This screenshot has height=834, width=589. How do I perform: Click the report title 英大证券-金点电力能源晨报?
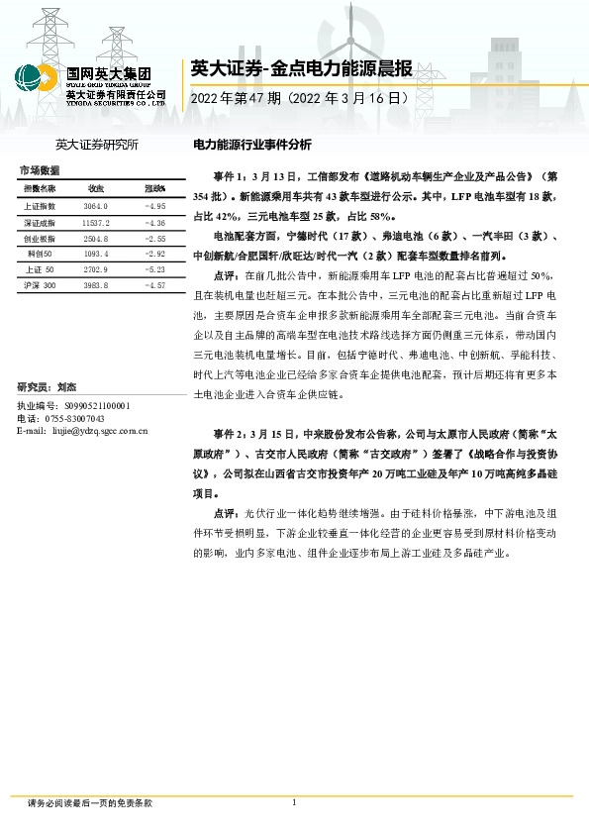coord(300,68)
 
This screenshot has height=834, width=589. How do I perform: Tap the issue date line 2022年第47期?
coord(297,99)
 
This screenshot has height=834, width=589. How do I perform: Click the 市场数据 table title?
coord(40,171)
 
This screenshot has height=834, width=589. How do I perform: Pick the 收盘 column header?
coord(96,188)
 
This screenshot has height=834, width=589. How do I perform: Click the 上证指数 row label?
coord(39,206)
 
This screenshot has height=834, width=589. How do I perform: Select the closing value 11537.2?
coord(96,223)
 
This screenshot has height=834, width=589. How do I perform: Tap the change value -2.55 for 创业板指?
coord(154,240)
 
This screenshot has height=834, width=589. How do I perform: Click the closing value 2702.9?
coord(96,269)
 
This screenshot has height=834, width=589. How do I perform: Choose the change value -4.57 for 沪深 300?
coord(154,285)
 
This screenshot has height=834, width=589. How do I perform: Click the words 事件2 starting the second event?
coord(228,435)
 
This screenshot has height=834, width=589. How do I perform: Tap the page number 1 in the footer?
coord(294,802)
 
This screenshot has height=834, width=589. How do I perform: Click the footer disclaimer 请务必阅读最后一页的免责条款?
coord(90,803)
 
